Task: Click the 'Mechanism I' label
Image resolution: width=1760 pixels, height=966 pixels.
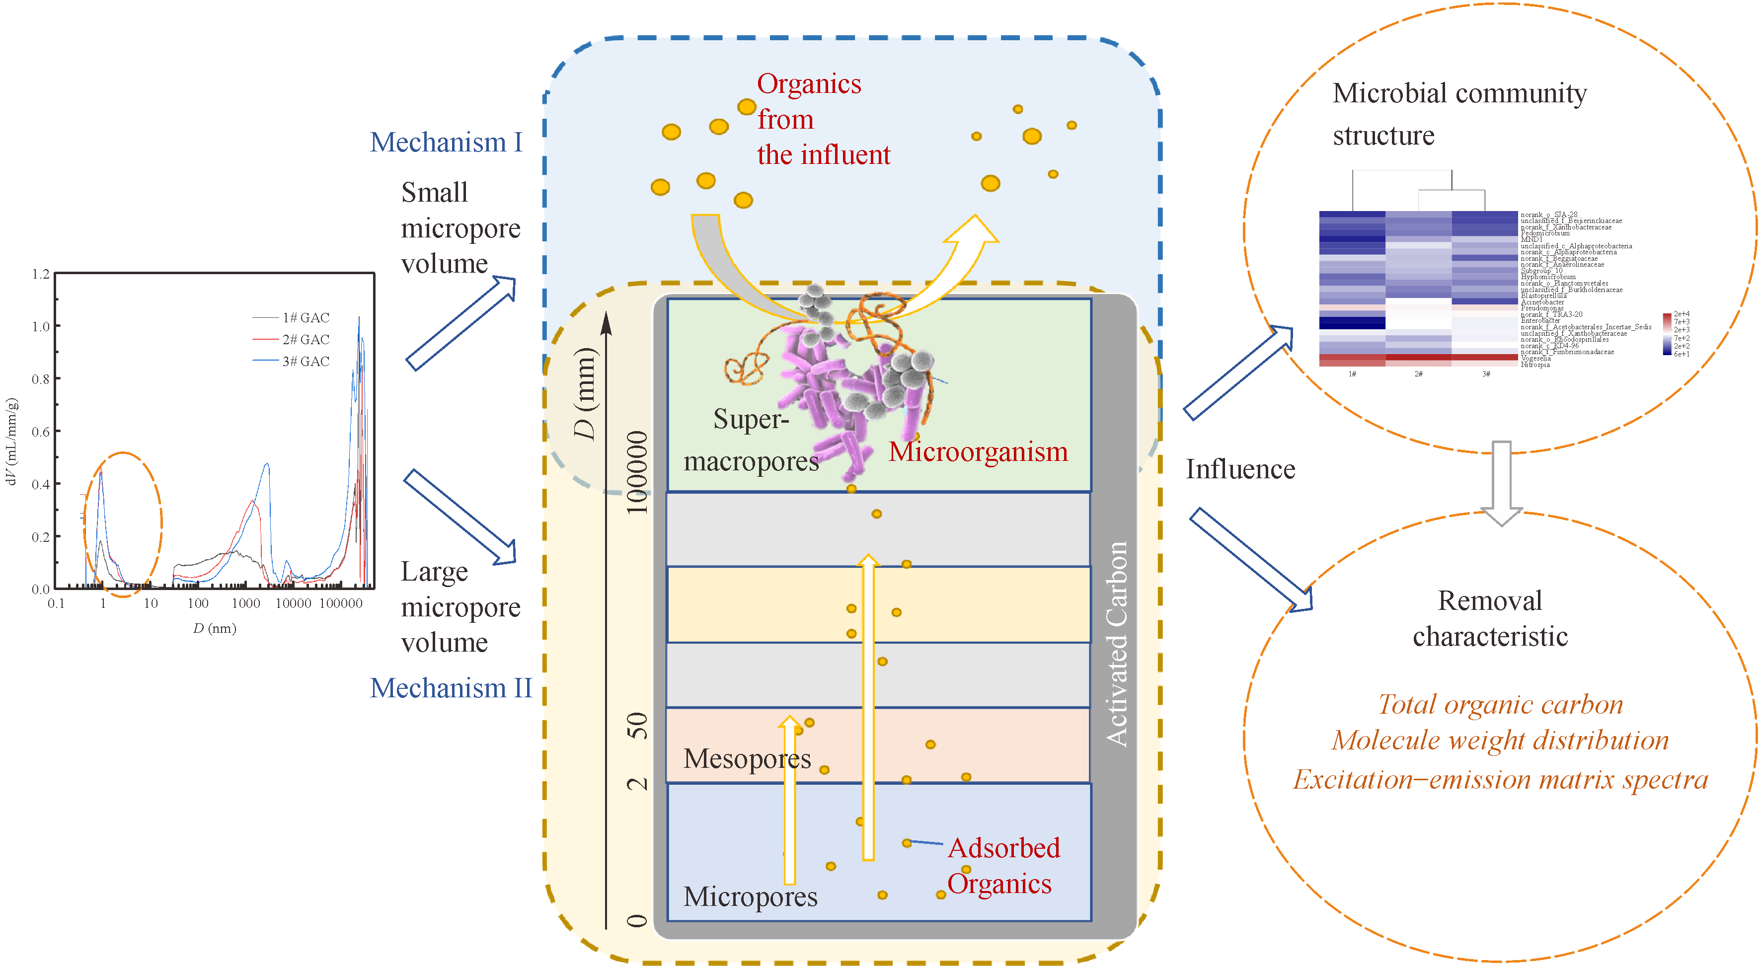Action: click(x=446, y=142)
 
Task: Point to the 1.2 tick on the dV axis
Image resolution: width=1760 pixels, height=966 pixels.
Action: click(x=41, y=274)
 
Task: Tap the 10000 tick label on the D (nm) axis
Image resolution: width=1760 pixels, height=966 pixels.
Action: click(x=293, y=603)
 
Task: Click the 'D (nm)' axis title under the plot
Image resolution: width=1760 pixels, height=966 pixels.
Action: click(x=215, y=628)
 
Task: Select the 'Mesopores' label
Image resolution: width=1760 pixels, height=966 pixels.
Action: click(x=747, y=758)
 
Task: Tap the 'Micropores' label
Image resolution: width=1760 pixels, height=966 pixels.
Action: click(x=750, y=896)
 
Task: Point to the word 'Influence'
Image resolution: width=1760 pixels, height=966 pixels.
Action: click(x=1240, y=469)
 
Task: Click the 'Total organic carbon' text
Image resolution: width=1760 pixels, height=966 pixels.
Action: click(x=1500, y=704)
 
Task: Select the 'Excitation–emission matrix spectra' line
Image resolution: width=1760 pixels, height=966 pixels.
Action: click(x=1500, y=779)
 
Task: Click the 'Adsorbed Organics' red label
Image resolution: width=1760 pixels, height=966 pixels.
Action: click(x=1002, y=866)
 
